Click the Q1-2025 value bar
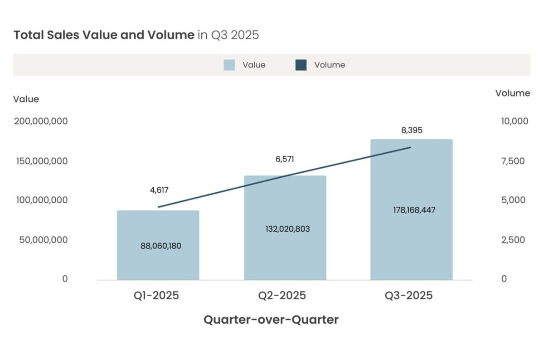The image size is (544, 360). click(x=158, y=263)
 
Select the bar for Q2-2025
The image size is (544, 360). click(x=285, y=254)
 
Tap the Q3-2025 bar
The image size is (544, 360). click(x=411, y=245)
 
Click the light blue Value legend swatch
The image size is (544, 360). click(x=229, y=65)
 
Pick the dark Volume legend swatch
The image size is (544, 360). click(x=301, y=65)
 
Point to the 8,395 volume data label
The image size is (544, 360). click(x=412, y=130)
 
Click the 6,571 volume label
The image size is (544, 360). click(x=285, y=159)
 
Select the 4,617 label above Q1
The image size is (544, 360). click(x=159, y=190)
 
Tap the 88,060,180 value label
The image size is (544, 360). click(x=161, y=246)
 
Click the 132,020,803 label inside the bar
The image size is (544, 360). click(x=287, y=229)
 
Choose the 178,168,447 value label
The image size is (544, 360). click(x=414, y=210)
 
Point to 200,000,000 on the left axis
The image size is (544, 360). click(x=41, y=121)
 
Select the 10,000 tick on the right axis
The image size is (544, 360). click(x=515, y=121)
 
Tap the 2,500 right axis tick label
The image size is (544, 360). click(x=513, y=239)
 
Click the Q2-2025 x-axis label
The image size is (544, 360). click(x=282, y=296)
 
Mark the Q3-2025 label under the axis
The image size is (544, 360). click(x=409, y=296)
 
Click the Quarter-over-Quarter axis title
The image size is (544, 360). click(x=271, y=320)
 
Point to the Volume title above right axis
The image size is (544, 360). click(x=512, y=93)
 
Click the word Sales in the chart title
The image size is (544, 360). click(x=63, y=35)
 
